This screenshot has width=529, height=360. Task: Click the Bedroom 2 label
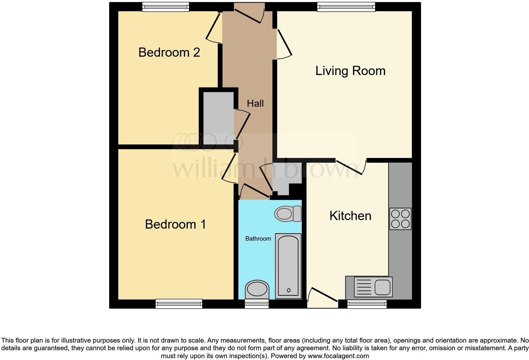click(169, 53)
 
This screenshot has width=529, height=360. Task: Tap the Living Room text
click(350, 71)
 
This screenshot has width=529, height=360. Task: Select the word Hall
click(255, 104)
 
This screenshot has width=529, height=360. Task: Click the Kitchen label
click(350, 216)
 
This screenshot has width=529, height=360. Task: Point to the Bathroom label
click(258, 239)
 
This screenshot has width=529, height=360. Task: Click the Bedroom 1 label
click(175, 224)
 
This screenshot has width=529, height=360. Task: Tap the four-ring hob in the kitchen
click(400, 219)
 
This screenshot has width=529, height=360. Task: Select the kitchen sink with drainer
click(373, 287)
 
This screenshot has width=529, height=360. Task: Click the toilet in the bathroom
click(288, 214)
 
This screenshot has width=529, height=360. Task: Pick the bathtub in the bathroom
click(288, 266)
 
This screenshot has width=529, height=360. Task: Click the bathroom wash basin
click(257, 289)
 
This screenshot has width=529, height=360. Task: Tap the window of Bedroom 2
click(165, 7)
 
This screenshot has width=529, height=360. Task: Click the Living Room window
click(346, 7)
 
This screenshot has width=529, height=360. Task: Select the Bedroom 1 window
click(179, 304)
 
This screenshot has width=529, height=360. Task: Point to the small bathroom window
click(257, 304)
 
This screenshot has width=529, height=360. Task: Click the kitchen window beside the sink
click(367, 304)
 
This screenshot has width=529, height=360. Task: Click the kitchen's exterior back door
click(323, 299)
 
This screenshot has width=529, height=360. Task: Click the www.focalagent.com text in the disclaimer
click(338, 356)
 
